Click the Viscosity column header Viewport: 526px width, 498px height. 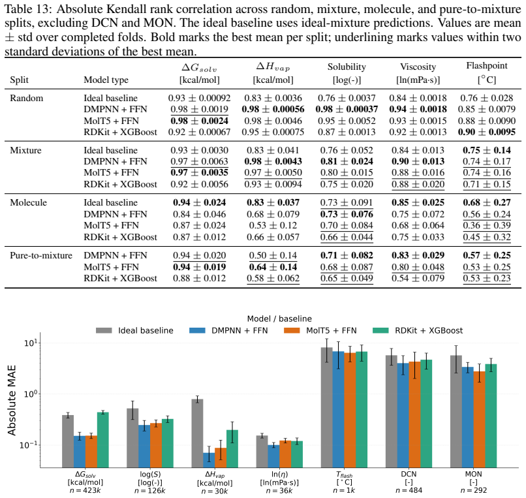(418, 67)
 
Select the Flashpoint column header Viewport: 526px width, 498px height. (487, 65)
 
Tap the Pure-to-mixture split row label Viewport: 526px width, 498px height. (41, 255)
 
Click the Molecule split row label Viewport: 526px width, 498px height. (29, 203)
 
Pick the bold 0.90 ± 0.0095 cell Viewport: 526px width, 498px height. (487, 132)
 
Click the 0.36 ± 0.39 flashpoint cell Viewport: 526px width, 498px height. (487, 225)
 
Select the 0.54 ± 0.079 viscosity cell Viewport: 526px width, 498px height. (418, 278)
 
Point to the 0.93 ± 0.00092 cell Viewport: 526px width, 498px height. (199, 98)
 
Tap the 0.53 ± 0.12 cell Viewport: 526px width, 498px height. (273, 225)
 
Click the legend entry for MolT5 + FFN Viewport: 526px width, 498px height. (320, 330)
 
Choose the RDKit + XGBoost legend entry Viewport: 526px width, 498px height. (418, 330)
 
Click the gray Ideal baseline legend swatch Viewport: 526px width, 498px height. (104, 330)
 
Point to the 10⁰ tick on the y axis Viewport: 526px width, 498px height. (31, 394)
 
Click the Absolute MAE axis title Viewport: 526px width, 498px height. (12, 400)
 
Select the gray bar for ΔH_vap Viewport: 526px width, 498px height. (197, 433)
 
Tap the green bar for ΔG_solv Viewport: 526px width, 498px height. (103, 440)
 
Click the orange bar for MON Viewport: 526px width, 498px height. (479, 420)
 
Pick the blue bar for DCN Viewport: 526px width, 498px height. (403, 415)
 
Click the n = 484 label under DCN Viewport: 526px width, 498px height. (409, 490)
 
